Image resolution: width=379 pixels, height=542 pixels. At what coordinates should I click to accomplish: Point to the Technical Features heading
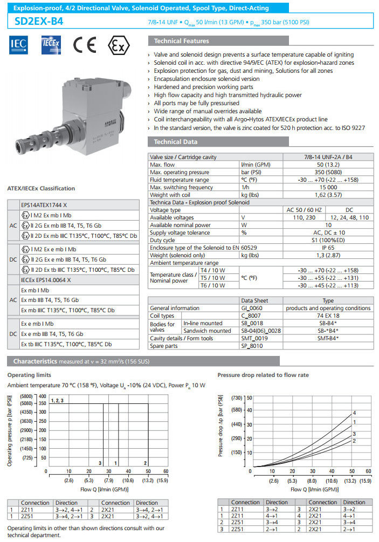pyautogui.click(x=181, y=41)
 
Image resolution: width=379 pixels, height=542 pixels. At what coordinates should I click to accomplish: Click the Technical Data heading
pyautogui.click(x=176, y=142)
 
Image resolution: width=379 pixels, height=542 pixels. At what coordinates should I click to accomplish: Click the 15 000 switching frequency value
pyautogui.click(x=328, y=187)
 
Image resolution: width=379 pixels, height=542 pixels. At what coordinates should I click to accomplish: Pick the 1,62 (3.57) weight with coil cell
pyautogui.click(x=328, y=195)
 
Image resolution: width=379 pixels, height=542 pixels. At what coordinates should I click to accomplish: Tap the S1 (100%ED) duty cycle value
pyautogui.click(x=328, y=240)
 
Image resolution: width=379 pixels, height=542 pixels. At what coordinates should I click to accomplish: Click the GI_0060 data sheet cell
pyautogui.click(x=255, y=308)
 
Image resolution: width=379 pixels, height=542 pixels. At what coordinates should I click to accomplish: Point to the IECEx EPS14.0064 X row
pyautogui.click(x=46, y=280)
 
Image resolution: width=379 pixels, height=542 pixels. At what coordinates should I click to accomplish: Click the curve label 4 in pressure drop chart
pyautogui.click(x=354, y=413)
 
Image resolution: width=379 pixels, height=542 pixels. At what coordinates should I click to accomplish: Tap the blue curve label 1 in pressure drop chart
pyautogui.click(x=354, y=422)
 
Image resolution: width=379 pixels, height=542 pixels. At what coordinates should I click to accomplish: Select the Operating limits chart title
pyautogui.click(x=30, y=374)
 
